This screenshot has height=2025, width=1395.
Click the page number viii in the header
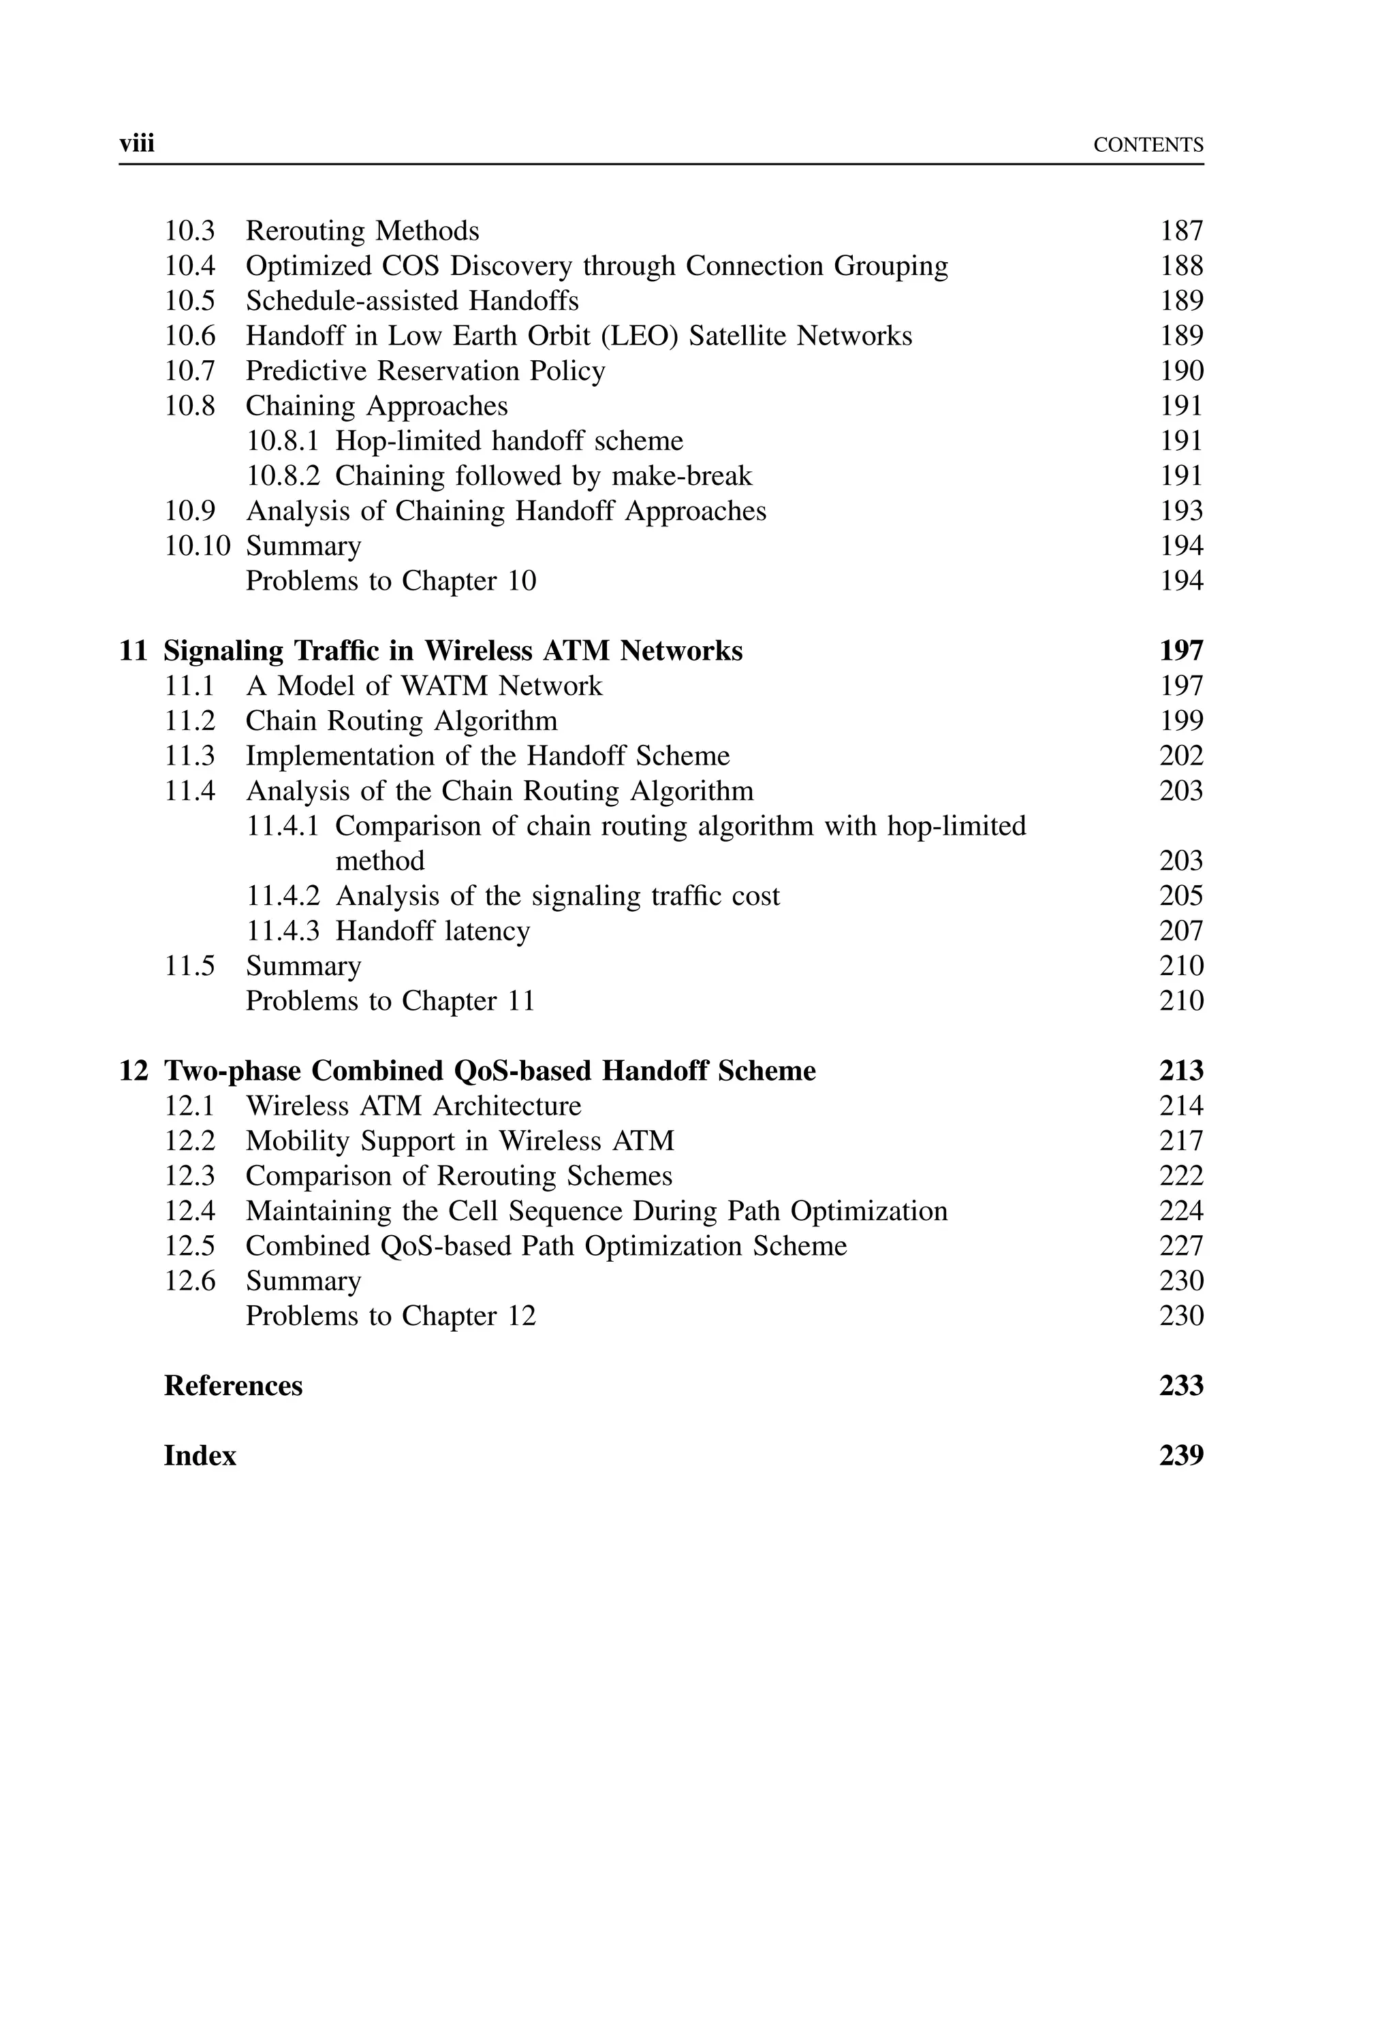136,143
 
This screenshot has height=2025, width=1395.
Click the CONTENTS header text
1148,145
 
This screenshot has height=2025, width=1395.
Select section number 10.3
189,232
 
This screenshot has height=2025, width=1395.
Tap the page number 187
1181,232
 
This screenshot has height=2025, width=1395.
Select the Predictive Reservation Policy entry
425,371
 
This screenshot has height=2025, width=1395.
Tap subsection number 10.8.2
282,476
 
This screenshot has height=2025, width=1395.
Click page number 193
1181,511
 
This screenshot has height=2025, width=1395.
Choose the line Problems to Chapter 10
391,581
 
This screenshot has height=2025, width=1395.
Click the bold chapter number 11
133,651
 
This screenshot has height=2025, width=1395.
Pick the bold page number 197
1181,651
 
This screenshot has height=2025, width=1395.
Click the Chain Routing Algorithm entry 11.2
401,720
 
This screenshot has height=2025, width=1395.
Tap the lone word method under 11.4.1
380,861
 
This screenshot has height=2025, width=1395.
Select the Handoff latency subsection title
433,931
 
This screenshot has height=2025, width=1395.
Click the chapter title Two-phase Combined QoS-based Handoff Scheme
490,1071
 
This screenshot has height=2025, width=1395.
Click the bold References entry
234,1386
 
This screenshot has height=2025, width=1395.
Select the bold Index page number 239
1181,1456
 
